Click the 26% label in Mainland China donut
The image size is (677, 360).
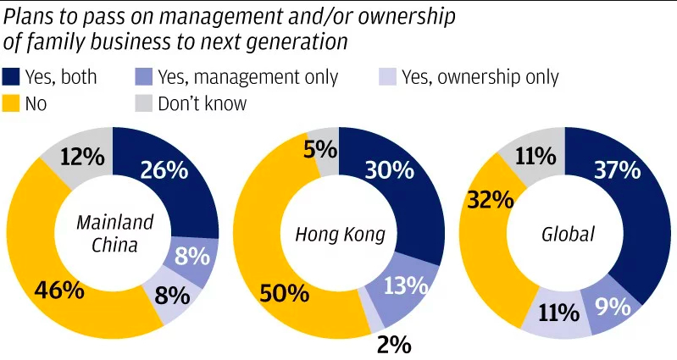[x=164, y=169]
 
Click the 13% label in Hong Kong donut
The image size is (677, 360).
[x=402, y=285]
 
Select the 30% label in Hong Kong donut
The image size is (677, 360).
[x=390, y=170]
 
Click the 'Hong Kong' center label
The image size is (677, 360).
[x=340, y=235]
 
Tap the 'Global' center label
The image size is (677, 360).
[x=565, y=235]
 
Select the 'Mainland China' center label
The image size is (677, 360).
[x=114, y=235]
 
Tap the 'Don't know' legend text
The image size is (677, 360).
[x=201, y=104]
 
